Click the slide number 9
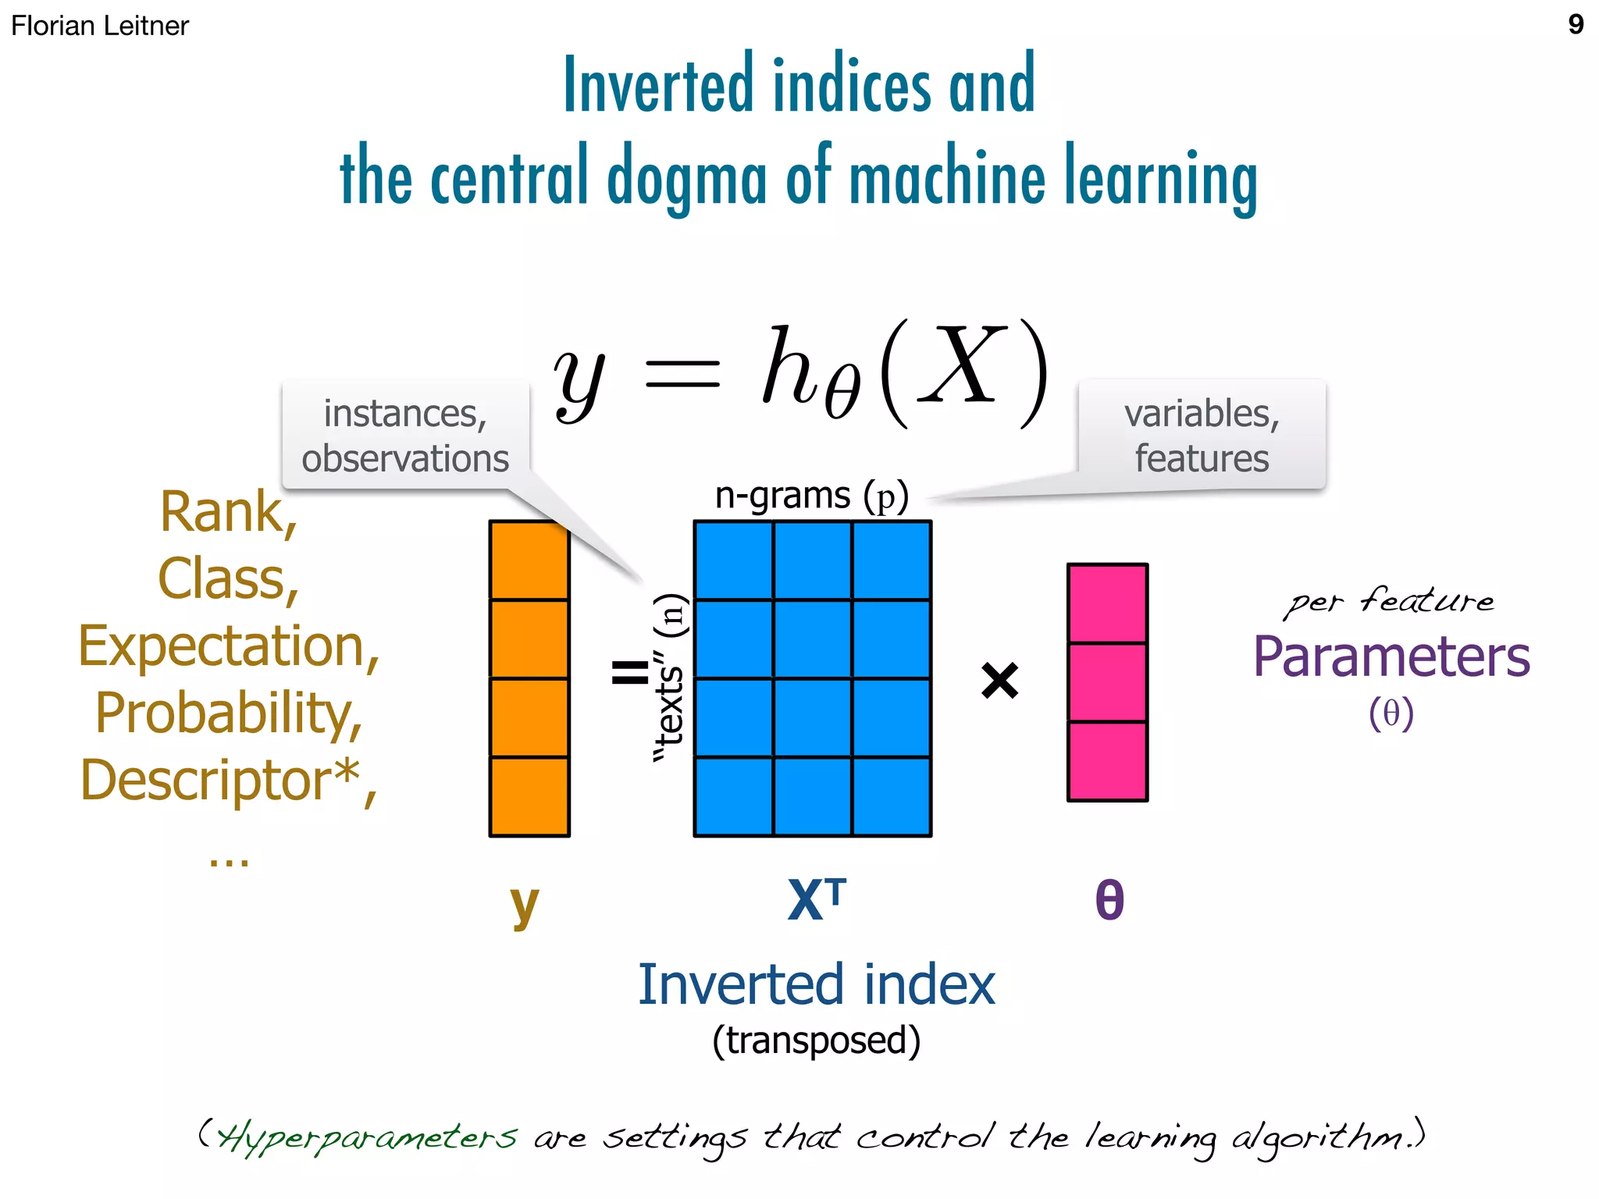tap(1576, 24)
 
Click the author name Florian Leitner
tap(100, 26)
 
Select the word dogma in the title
tap(686, 178)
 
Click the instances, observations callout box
tap(405, 435)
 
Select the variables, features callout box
tap(1202, 435)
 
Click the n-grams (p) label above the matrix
tap(812, 496)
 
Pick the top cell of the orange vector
tap(529, 560)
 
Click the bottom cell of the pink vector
tap(1107, 761)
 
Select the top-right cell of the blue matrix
tap(892, 560)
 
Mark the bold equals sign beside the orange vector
tap(629, 671)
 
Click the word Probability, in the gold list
tap(229, 713)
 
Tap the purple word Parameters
tap(1391, 656)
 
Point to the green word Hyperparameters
tap(367, 1137)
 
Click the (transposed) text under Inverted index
tap(816, 1041)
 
